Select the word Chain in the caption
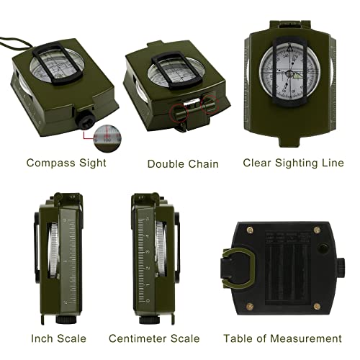203,163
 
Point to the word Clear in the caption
257,162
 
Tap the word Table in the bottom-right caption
238,338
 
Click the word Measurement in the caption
305,338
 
